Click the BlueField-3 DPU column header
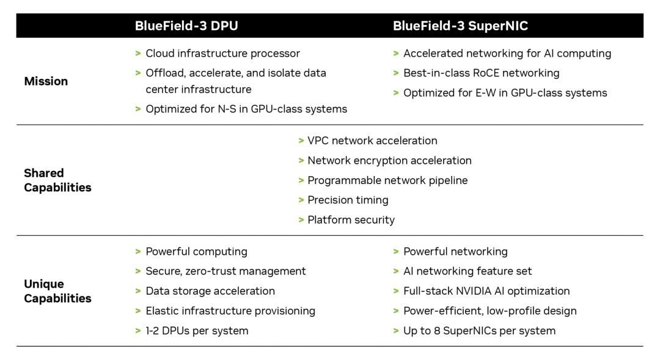187,26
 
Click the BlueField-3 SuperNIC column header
460,26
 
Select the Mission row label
46,81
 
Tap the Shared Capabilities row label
57,180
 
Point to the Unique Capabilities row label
57,291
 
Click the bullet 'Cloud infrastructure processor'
222,53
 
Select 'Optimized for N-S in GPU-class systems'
246,109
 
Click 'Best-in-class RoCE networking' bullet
481,73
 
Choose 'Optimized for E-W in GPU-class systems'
505,93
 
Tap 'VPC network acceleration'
372,141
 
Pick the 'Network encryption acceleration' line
389,160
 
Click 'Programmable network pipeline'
387,180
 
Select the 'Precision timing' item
348,200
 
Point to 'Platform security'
351,219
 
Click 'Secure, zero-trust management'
226,271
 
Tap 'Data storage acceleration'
210,291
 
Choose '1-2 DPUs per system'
197,331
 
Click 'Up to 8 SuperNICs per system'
479,331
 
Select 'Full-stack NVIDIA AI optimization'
486,291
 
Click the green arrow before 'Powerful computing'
138,251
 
